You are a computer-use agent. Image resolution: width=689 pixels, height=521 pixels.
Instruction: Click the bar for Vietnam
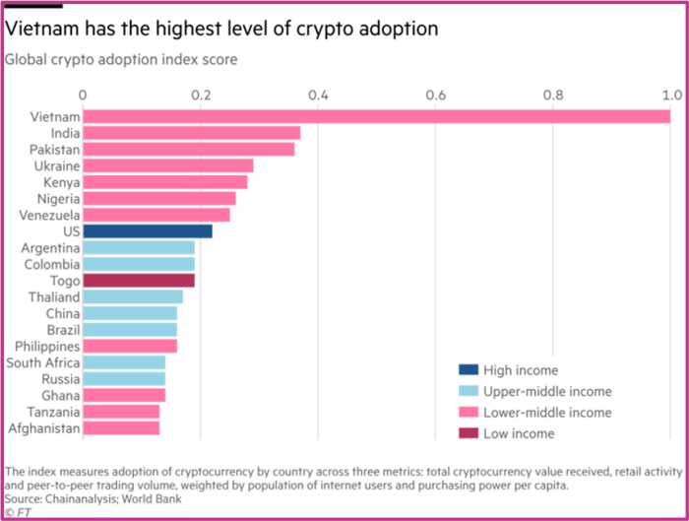tap(376, 117)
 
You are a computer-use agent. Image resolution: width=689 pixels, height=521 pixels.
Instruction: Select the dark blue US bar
tap(148, 230)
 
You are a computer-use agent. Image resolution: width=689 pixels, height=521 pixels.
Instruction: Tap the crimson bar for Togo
tap(139, 280)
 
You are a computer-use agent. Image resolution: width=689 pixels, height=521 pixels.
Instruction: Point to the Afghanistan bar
tap(121, 428)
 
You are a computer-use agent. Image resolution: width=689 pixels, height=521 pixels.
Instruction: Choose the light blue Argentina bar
tap(139, 248)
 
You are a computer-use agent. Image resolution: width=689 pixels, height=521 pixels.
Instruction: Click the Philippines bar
tap(130, 347)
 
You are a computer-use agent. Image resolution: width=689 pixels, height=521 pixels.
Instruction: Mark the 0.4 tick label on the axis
tap(318, 96)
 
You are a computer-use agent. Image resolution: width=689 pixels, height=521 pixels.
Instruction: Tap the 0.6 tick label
tap(436, 96)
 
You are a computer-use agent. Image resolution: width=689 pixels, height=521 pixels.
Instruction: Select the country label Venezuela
tap(50, 215)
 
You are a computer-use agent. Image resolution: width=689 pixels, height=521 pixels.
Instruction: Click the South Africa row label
tap(43, 362)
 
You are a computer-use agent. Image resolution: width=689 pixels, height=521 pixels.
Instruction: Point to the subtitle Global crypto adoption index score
tap(121, 59)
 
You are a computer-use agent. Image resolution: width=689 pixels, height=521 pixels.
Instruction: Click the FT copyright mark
tap(17, 512)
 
